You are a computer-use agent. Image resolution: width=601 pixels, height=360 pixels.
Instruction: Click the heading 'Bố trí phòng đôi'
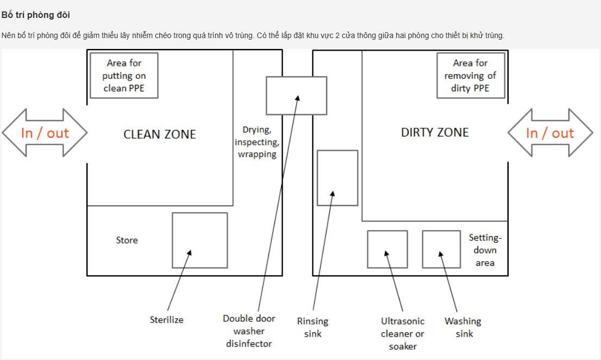coord(36,15)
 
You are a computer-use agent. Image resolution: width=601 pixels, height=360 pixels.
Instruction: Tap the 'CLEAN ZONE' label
coord(160,134)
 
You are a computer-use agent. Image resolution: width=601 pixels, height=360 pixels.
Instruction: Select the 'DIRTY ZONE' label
coord(434,132)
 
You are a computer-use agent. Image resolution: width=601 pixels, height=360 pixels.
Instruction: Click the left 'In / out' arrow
coord(45,133)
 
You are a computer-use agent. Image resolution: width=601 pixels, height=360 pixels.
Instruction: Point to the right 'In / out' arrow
coord(550,133)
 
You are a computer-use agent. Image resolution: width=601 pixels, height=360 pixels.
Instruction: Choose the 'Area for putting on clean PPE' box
coord(124,76)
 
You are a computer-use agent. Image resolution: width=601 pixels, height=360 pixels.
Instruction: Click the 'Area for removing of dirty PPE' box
coord(471,76)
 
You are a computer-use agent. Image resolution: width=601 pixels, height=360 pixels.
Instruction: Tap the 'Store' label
coord(127,240)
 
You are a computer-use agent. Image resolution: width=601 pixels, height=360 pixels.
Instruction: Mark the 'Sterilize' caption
coord(167,320)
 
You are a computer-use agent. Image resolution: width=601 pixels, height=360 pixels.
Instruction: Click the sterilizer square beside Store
coord(199,240)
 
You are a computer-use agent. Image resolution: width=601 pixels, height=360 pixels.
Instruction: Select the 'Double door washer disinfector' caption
coord(249,331)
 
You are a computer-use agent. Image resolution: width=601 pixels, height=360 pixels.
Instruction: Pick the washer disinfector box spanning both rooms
coord(296,96)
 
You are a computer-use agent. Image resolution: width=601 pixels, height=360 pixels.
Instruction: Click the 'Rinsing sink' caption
coord(312,327)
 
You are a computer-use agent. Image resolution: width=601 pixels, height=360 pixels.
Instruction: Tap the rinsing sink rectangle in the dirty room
coord(337,178)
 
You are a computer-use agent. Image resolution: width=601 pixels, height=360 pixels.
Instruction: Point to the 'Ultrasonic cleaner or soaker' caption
coord(403,333)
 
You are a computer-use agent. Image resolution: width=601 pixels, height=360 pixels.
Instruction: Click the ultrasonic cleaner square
coord(387,249)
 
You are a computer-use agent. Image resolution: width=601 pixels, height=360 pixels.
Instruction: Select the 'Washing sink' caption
coord(463,327)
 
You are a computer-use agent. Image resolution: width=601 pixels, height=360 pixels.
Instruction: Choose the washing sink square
coord(441,249)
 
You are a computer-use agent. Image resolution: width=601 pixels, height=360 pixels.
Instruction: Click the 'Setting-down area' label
coord(485,250)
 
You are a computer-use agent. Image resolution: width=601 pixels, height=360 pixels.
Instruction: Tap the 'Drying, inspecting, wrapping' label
coord(256,142)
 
